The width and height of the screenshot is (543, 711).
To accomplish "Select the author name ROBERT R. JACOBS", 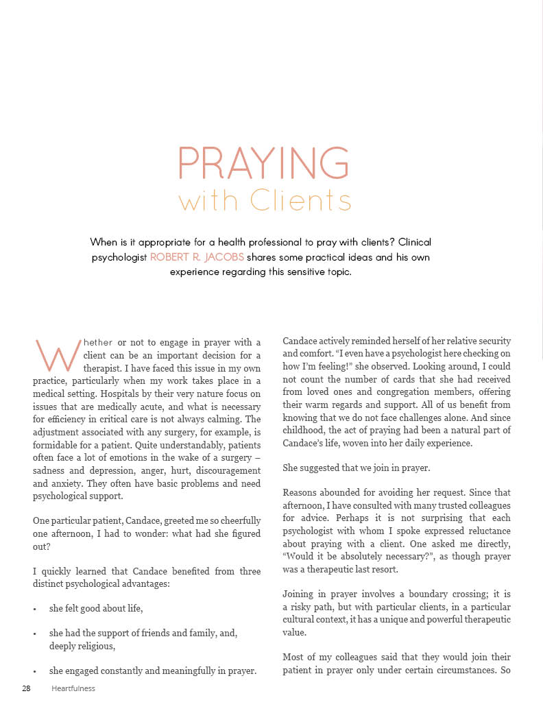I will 197,257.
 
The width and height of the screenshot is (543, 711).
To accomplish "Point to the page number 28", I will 26,688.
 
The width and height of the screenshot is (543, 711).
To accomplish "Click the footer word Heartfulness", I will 73,688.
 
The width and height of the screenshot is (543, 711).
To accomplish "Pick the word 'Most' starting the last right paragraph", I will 294,658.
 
